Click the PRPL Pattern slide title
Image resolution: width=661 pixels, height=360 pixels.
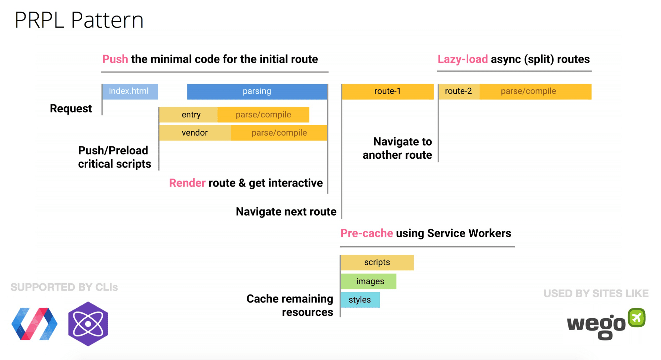coord(79,20)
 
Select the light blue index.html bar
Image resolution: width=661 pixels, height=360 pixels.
coord(130,92)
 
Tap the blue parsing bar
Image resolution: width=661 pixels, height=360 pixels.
coord(257,92)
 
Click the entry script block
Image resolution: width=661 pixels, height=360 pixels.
coord(188,115)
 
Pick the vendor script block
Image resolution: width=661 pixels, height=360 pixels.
coord(195,133)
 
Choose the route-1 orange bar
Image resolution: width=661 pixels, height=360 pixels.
coord(388,92)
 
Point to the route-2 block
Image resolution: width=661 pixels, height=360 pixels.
coord(459,92)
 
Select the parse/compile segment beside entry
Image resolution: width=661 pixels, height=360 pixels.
coord(263,115)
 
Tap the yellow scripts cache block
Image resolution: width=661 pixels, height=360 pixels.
coord(377,262)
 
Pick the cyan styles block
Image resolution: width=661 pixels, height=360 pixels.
coord(360,300)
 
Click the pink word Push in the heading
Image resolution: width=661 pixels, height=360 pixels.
coord(115,59)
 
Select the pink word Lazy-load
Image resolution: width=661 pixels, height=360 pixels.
coord(462,59)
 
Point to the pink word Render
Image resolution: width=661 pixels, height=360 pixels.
coord(187,183)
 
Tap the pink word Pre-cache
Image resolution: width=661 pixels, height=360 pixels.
coord(367,233)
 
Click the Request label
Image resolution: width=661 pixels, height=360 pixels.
coord(71,108)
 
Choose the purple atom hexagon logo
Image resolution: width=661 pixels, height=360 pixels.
coord(88,324)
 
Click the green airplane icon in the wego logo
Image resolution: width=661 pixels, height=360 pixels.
coord(637,318)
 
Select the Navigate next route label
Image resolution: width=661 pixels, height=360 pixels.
coord(286,212)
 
